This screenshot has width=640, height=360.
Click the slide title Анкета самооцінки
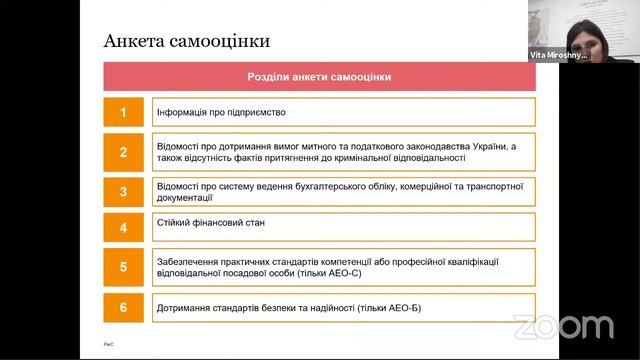187,41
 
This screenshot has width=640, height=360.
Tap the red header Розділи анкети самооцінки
319,77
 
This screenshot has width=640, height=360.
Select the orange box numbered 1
124,112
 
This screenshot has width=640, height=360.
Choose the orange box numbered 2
124,152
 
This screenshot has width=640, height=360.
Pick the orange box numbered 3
124,192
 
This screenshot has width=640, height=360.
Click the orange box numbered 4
124,227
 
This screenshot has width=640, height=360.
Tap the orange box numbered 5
124,267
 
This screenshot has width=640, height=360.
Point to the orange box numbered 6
124,307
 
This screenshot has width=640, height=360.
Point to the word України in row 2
488,146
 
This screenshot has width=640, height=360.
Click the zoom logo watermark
563,326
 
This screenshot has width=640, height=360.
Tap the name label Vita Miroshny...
558,56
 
